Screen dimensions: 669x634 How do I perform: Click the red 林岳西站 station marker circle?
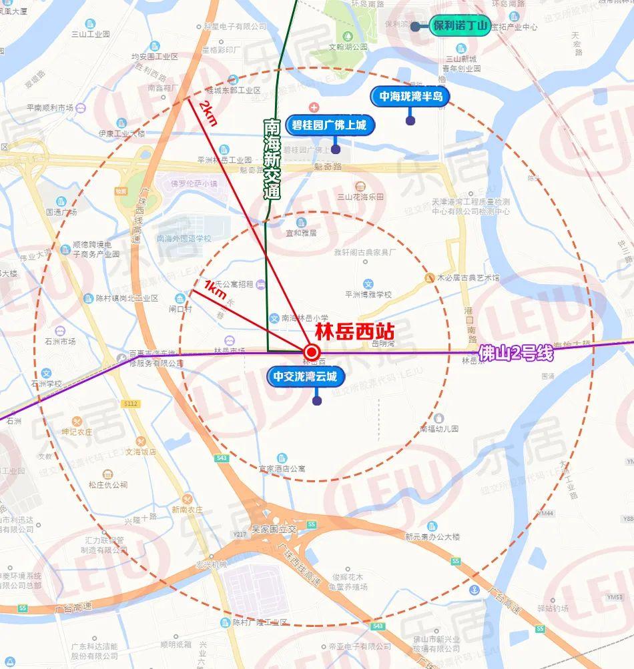(311, 352)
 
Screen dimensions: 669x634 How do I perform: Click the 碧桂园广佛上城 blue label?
(330, 125)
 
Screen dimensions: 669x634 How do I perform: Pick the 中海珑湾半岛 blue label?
(410, 96)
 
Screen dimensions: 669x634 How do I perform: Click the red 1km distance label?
(216, 290)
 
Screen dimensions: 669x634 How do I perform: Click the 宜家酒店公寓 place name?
(282, 469)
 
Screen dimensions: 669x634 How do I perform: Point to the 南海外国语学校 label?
(183, 238)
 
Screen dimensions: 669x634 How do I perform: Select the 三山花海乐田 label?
(360, 197)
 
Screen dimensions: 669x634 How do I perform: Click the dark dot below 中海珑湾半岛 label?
(410, 121)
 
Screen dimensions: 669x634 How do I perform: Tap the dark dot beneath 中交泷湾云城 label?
(317, 401)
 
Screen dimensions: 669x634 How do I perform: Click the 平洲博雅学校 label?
(368, 294)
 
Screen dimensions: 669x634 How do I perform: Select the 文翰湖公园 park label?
(348, 47)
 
